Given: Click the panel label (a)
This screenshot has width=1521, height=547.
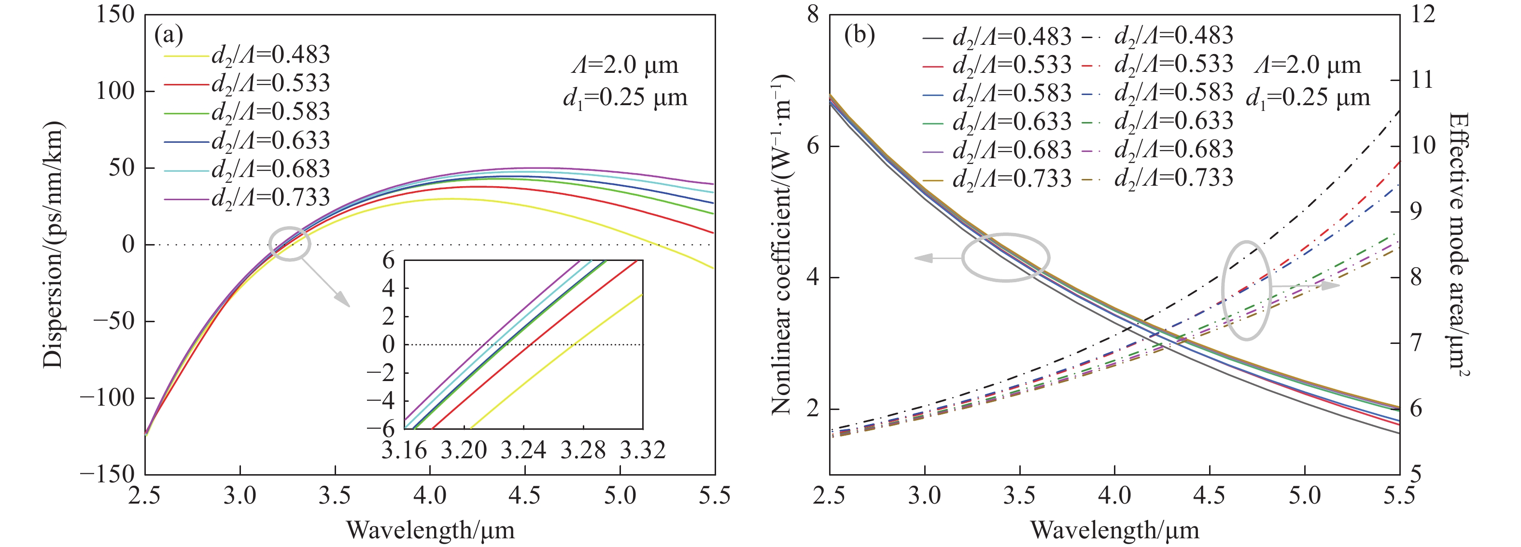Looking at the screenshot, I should (x=169, y=35).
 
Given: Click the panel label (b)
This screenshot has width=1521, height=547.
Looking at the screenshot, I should (x=859, y=35).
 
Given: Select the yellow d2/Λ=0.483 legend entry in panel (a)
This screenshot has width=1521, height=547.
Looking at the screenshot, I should (x=247, y=55).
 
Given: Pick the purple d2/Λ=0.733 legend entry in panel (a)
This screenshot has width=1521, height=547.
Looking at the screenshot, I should (x=247, y=198).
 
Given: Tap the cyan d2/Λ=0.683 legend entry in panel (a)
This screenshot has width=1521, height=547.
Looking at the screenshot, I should (x=247, y=169).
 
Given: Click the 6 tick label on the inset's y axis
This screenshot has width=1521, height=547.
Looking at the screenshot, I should (x=388, y=260).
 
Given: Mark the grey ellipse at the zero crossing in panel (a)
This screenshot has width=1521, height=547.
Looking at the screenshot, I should (x=289, y=244).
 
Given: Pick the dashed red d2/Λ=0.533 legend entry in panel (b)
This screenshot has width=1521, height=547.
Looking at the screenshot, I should (x=1157, y=64).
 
